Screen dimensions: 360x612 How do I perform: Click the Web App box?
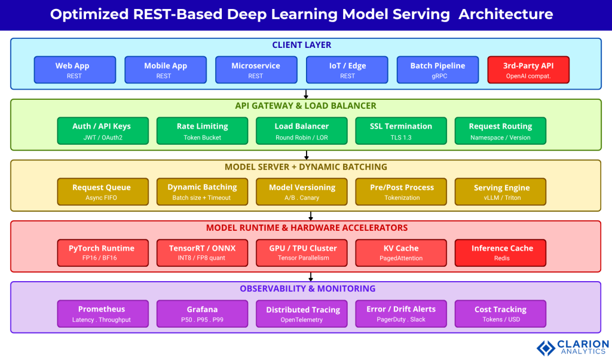click(x=72, y=70)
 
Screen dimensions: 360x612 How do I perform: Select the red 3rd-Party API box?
click(x=528, y=70)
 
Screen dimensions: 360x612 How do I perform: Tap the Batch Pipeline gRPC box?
click(x=437, y=70)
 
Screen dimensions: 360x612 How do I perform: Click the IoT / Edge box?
click(x=347, y=70)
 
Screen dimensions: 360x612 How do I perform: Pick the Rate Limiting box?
click(x=202, y=131)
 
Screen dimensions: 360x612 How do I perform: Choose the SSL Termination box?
click(x=401, y=131)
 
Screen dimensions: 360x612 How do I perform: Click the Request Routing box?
click(x=500, y=131)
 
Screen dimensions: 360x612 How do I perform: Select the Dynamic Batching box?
click(x=202, y=192)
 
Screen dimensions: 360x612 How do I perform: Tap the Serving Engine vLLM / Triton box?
click(x=501, y=192)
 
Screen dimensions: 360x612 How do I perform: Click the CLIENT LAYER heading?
click(x=302, y=45)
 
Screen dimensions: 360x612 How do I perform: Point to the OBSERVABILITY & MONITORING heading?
click(x=307, y=288)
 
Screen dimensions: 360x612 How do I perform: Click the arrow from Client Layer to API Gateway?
click(x=306, y=94)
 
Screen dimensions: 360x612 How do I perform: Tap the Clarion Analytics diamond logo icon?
click(x=546, y=348)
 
